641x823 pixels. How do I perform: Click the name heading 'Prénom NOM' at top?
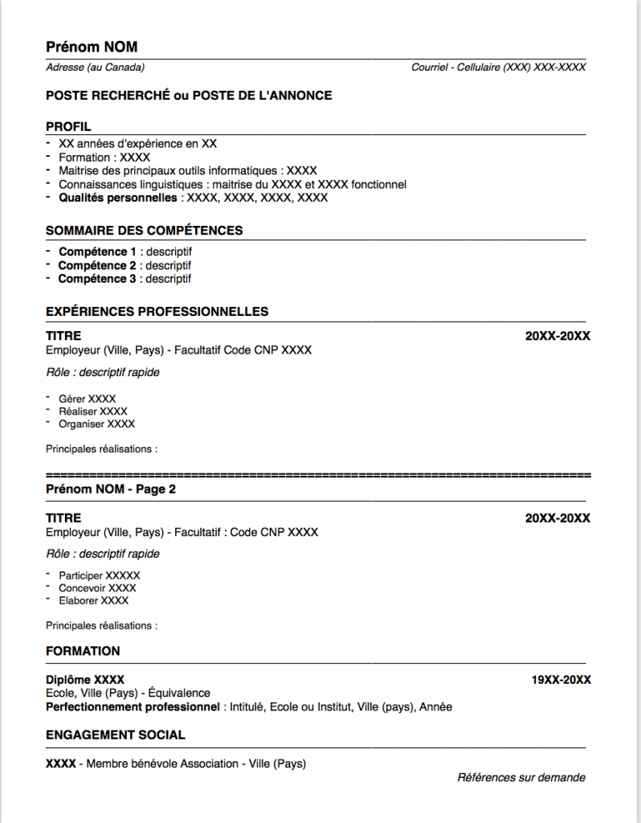pyautogui.click(x=92, y=47)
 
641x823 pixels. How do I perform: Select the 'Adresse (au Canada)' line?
pyautogui.click(x=96, y=68)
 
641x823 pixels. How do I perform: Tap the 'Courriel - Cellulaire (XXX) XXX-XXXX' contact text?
pyautogui.click(x=498, y=68)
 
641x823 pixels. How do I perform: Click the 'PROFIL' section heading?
pyautogui.click(x=68, y=127)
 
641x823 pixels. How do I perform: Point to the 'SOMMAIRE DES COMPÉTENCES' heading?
pyautogui.click(x=144, y=231)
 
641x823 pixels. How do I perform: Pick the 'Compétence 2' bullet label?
pyautogui.click(x=97, y=265)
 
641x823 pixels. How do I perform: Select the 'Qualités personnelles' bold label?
pyautogui.click(x=118, y=198)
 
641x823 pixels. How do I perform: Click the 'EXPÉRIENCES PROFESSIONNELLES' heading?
pyautogui.click(x=157, y=312)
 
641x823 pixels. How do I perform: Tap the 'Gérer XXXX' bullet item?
pyautogui.click(x=87, y=399)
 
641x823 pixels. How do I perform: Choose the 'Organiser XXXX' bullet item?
pyautogui.click(x=96, y=424)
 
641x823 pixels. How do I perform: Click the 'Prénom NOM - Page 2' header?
pyautogui.click(x=111, y=489)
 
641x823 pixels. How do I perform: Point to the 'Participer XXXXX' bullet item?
pyautogui.click(x=99, y=575)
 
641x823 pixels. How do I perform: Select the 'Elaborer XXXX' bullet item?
pyautogui.click(x=93, y=600)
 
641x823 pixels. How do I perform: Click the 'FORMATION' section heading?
pyautogui.click(x=83, y=651)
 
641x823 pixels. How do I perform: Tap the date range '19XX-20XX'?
pyautogui.click(x=561, y=680)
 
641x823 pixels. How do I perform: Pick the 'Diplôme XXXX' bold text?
pyautogui.click(x=85, y=680)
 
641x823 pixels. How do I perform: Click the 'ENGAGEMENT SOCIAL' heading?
pyautogui.click(x=115, y=735)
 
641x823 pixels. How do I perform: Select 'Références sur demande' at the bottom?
pyautogui.click(x=521, y=777)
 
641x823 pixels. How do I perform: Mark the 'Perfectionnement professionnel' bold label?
pyautogui.click(x=133, y=707)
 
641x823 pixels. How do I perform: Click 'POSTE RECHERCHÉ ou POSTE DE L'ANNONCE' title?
pyautogui.click(x=189, y=96)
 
